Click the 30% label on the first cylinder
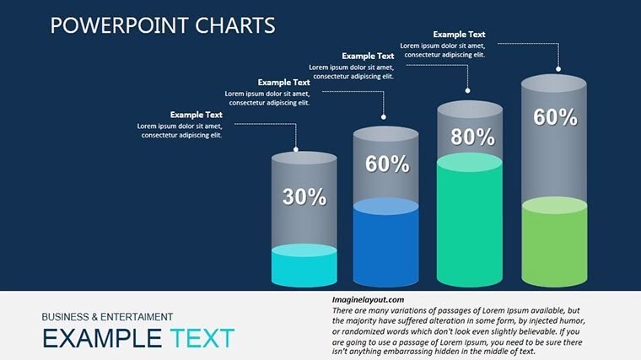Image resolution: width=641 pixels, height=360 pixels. [x=304, y=197]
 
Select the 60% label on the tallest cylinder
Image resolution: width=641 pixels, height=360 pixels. [x=555, y=118]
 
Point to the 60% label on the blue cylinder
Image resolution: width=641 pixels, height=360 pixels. [x=386, y=164]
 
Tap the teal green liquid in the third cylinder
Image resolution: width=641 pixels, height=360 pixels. [x=470, y=223]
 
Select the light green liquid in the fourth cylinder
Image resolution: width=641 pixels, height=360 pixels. [x=554, y=246]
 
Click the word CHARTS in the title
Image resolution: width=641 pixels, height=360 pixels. [x=237, y=25]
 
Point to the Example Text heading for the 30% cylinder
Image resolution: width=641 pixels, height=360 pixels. [x=197, y=115]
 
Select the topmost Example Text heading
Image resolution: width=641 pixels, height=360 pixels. [x=459, y=35]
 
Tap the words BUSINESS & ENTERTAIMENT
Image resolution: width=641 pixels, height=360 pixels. [x=107, y=317]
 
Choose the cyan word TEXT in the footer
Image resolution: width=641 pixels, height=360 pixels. [x=202, y=339]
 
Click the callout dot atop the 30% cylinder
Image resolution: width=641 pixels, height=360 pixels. [x=296, y=148]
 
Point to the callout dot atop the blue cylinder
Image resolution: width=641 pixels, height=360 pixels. [x=384, y=117]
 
